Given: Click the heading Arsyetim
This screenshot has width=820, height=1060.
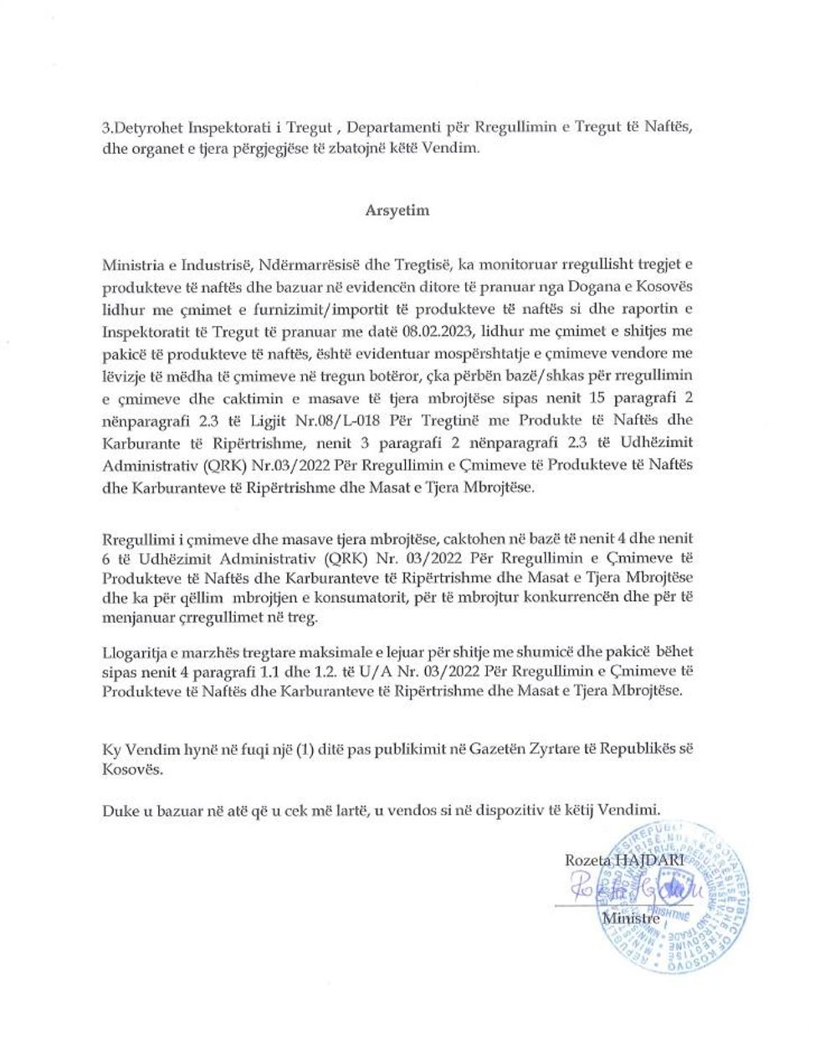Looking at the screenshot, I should pyautogui.click(x=397, y=210).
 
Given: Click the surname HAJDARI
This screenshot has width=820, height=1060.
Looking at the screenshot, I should pyautogui.click(x=650, y=860).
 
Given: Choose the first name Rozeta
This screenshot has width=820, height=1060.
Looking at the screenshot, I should pyautogui.click(x=588, y=860).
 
